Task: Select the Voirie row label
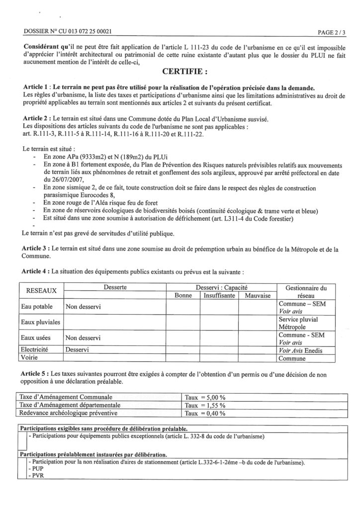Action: pyautogui.click(x=29, y=357)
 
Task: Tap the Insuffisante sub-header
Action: pyautogui.click(x=219, y=295)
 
